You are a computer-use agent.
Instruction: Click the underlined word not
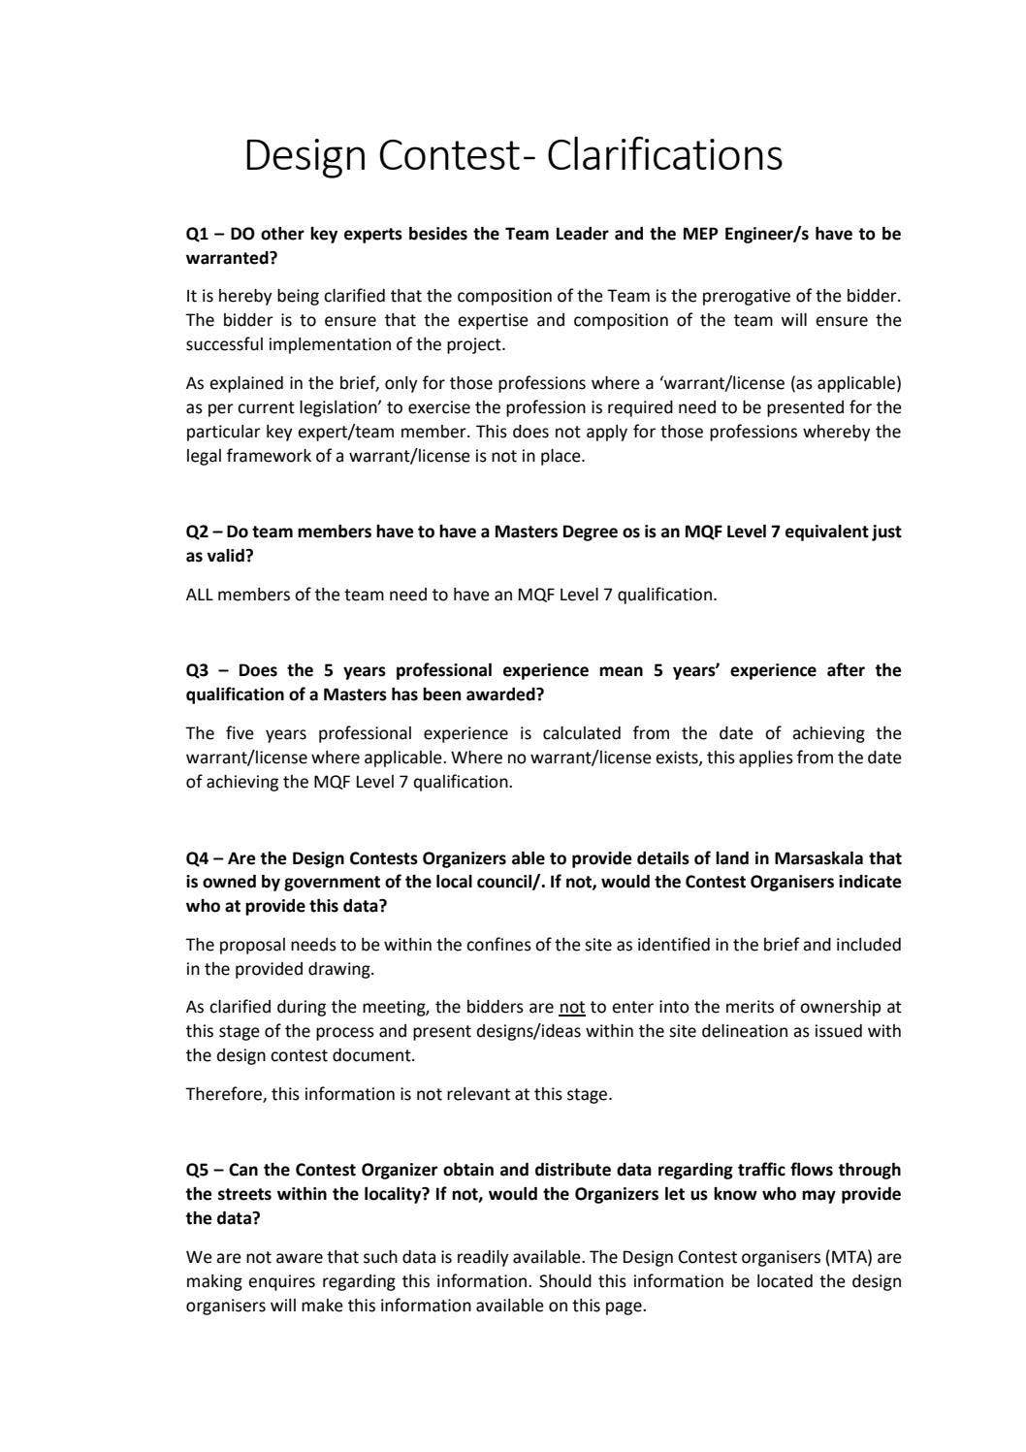pos(571,1007)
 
